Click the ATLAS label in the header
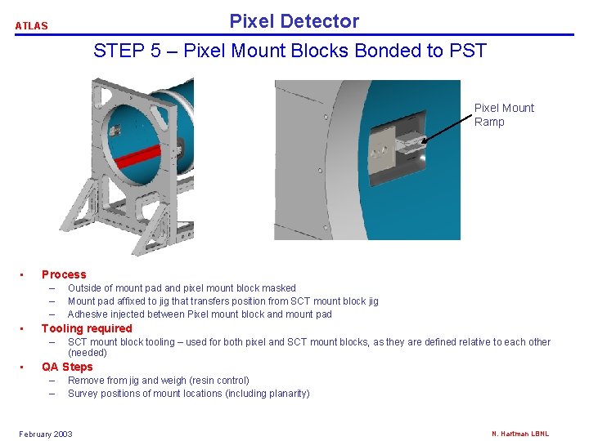tap(31, 26)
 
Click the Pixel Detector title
tap(294, 21)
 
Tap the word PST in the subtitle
tap(468, 51)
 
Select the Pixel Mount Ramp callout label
tap(504, 114)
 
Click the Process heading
tap(64, 274)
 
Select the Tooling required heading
tap(87, 328)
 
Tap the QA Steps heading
tap(67, 367)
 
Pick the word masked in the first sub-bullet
tap(280, 288)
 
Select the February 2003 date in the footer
tap(46, 434)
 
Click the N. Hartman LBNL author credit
tap(519, 434)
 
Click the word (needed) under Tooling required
tap(88, 353)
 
